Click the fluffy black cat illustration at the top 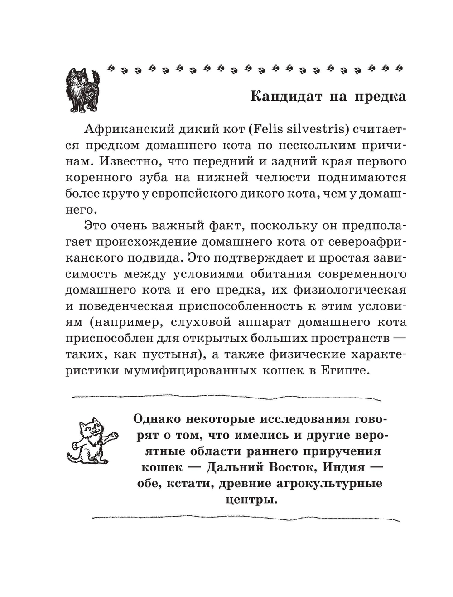82,90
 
